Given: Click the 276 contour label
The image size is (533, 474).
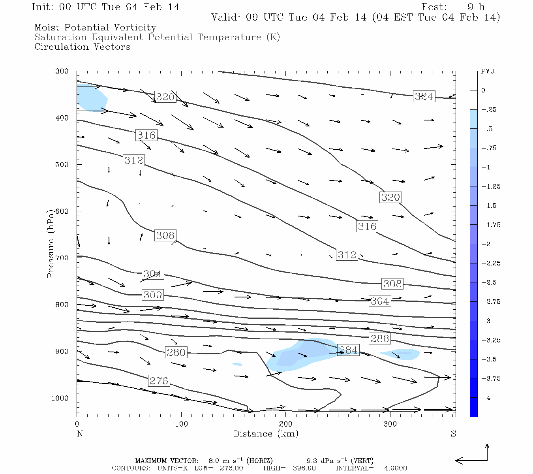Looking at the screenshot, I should coord(159,381).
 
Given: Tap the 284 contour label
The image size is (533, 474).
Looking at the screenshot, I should coord(348,350).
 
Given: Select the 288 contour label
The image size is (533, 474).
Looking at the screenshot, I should coord(380,339).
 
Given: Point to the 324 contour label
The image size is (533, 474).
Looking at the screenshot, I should coord(424,96).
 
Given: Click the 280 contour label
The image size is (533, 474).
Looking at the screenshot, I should coord(176,352).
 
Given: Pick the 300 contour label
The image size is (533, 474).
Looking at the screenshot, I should coord(152,295).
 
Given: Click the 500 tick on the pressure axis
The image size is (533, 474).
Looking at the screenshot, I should coord(62,165).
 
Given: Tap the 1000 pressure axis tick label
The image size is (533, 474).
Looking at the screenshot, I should coord(60,398).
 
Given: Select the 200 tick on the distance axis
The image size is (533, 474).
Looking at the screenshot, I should coord(286,424).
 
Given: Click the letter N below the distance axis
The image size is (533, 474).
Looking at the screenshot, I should coord(80,434).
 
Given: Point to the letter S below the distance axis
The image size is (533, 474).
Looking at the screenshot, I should coord(453,434).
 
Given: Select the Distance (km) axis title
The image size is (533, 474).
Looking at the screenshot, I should coord(266,434).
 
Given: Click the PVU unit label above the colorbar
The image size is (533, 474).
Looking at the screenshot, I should coord(488,71).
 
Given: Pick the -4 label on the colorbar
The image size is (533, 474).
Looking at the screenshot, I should coord(488,398).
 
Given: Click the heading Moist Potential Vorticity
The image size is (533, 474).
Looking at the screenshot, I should coord(95,28).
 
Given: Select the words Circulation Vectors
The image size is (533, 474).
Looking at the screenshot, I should coord(82,47).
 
